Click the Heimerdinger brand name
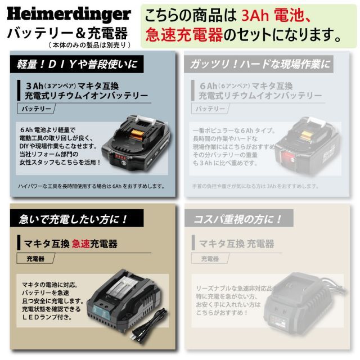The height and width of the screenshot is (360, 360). point(69,13)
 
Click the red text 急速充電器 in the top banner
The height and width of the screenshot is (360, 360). point(184,35)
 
